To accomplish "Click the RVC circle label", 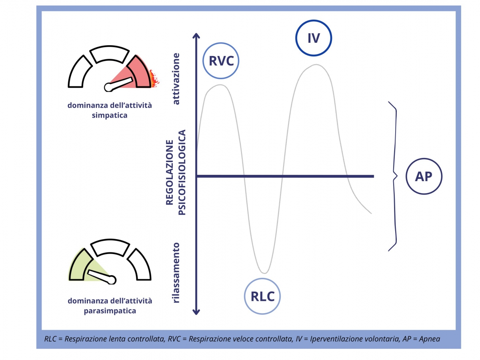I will [x=221, y=61].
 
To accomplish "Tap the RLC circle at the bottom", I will [x=262, y=296].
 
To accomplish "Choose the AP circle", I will [x=424, y=176].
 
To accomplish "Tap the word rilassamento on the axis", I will [x=176, y=272].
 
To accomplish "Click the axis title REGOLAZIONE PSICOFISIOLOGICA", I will [x=176, y=172].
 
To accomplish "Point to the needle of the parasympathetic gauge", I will [x=100, y=276].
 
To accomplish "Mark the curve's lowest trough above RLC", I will [x=263, y=273].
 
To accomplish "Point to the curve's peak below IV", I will [x=316, y=64].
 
